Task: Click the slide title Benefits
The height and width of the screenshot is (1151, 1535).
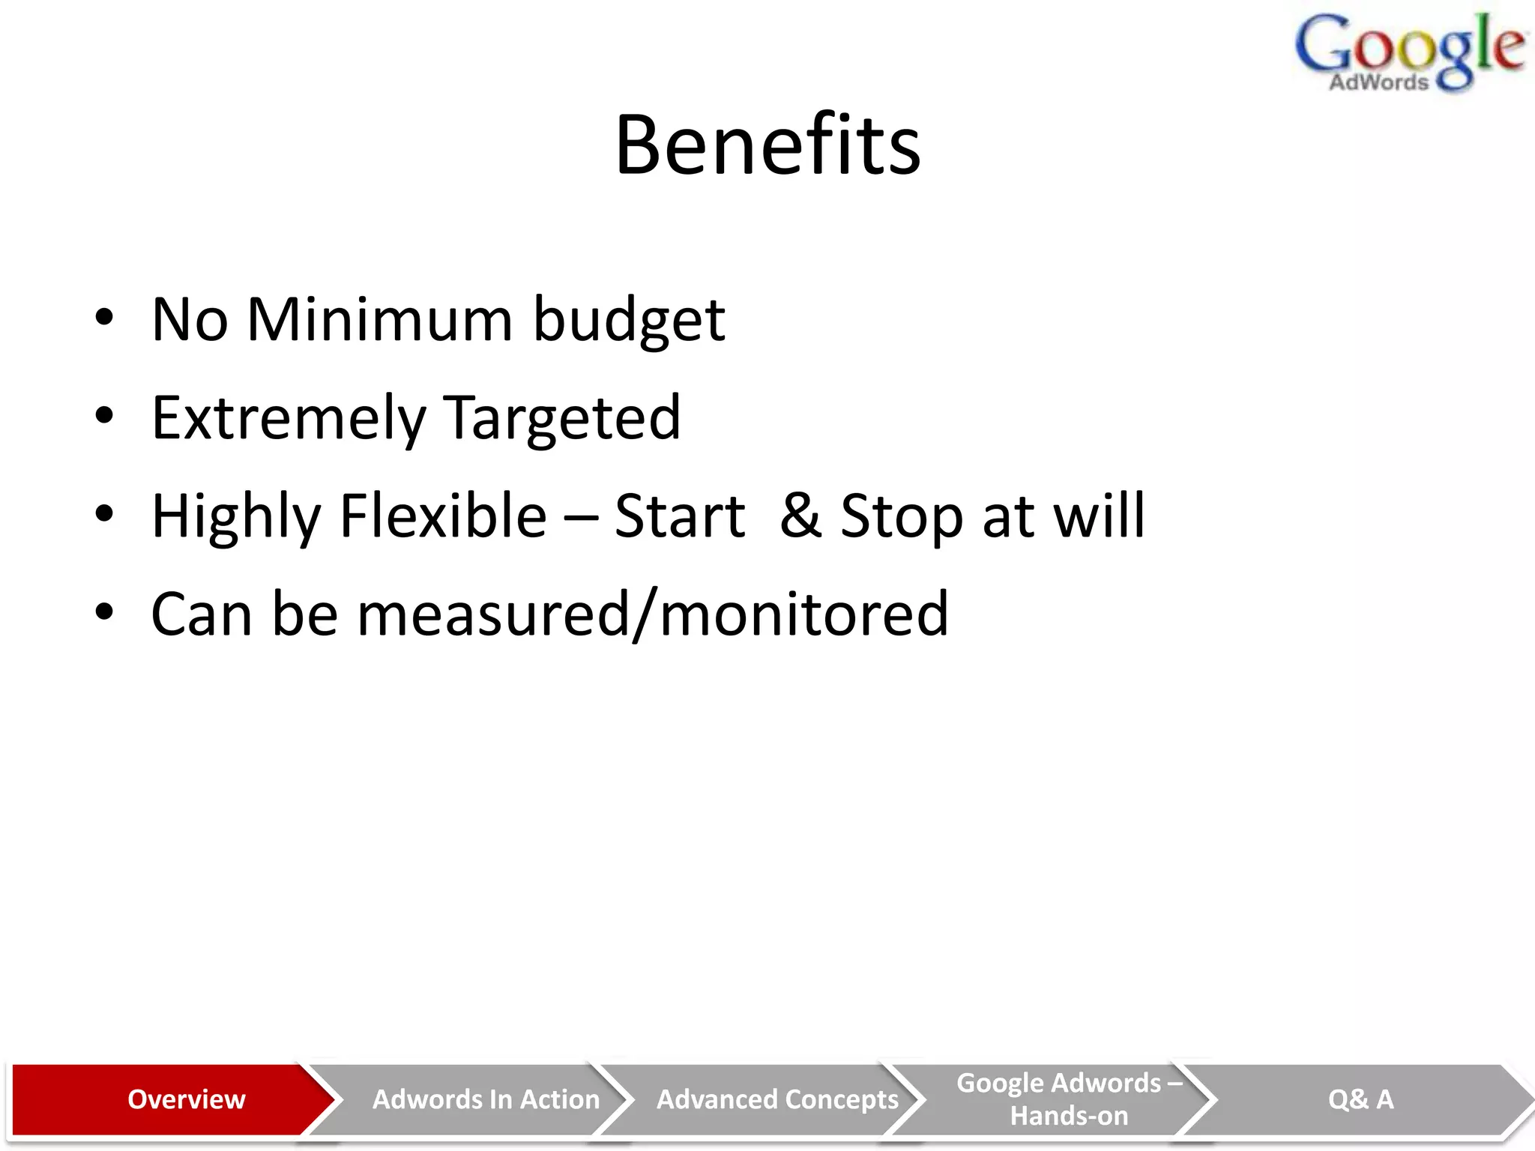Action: [767, 145]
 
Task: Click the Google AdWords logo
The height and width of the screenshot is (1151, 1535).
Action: [1409, 52]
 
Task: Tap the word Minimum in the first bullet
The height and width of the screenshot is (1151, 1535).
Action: [379, 320]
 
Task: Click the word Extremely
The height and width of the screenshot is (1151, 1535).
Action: [288, 418]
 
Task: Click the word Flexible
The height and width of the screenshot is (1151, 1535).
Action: [443, 516]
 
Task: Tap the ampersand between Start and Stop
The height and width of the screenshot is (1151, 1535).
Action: [800, 516]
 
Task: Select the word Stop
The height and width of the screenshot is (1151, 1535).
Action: [901, 517]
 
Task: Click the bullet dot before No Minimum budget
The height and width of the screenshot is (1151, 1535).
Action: [104, 318]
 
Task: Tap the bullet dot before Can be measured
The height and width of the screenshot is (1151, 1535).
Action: [104, 612]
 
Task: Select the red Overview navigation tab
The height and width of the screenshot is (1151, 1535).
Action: [186, 1099]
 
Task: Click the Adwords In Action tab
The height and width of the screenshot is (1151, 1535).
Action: [486, 1099]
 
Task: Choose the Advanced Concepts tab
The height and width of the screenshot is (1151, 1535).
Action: [777, 1099]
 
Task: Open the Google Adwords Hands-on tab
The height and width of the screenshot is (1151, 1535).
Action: [1069, 1099]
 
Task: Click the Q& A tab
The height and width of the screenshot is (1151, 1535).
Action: [1360, 1099]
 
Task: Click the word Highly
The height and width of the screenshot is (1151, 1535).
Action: [236, 517]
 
